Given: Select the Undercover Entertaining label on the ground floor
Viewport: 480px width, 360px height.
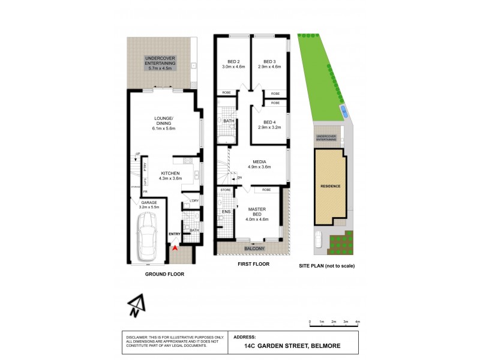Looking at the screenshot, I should coord(159,63).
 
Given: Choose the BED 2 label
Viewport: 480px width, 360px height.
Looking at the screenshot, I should coord(233,64).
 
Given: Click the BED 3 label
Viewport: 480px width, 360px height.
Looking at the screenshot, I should coord(269,64).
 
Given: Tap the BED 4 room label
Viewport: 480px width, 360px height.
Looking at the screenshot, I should coord(269,125).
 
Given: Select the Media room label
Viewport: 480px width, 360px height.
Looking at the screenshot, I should coord(259,164).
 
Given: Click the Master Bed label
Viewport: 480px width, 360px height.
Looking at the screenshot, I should coord(257,212).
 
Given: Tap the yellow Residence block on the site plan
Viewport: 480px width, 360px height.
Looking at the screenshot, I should coord(330,187).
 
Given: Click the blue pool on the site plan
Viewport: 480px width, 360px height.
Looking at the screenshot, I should coord(343,110).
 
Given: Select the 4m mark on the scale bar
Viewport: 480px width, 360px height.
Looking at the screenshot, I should coord(358,323).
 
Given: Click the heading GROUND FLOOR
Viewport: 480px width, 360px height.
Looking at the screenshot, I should coord(164,274).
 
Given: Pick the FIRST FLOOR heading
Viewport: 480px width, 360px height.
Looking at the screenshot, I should coord(253,263).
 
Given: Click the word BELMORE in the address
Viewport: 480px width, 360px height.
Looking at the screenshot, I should coord(328,346).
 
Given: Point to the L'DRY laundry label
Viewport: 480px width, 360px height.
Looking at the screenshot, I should coord(194,200).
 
